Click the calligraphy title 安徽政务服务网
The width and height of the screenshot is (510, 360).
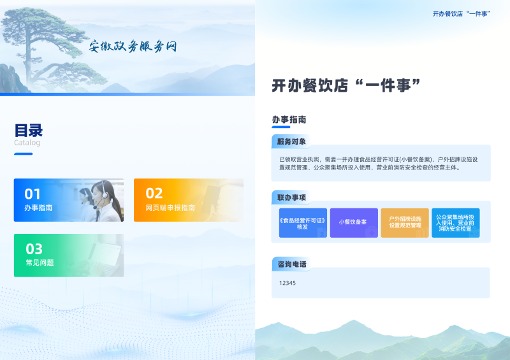(x=133, y=46)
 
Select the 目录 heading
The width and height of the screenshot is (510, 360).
(x=28, y=131)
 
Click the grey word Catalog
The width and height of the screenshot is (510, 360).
(x=27, y=143)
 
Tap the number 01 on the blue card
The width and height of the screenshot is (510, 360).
(x=33, y=194)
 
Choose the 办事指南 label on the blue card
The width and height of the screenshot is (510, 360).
(x=38, y=208)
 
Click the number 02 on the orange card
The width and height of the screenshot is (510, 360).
(x=154, y=194)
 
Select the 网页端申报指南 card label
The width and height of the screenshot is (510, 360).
(x=170, y=208)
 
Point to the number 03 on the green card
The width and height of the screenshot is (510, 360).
(x=34, y=249)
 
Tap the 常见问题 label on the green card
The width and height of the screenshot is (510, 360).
(x=40, y=263)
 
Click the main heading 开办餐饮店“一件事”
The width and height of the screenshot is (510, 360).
(x=346, y=85)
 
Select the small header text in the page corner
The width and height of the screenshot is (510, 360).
(x=461, y=13)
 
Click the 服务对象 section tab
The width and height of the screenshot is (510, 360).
(x=291, y=141)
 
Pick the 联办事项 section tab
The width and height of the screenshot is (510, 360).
(x=291, y=198)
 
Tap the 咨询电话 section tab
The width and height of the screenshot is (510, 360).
(x=291, y=264)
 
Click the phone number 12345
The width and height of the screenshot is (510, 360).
(x=288, y=283)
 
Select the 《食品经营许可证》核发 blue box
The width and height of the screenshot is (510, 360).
(x=303, y=223)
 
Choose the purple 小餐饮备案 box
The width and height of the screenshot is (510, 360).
(x=354, y=223)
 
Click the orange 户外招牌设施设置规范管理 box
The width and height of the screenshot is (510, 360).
(x=405, y=223)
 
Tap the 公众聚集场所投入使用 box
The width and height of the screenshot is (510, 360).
(x=455, y=223)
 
